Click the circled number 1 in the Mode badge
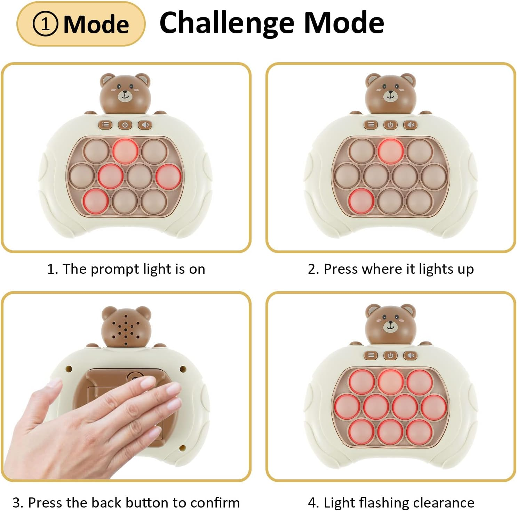click(45, 24)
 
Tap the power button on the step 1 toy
click(125, 125)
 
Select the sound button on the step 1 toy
click(145, 125)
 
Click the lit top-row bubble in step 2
click(391, 151)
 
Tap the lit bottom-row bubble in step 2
click(361, 201)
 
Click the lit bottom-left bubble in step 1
click(95, 201)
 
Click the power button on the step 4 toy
click(390, 355)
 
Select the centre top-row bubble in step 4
click(390, 381)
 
